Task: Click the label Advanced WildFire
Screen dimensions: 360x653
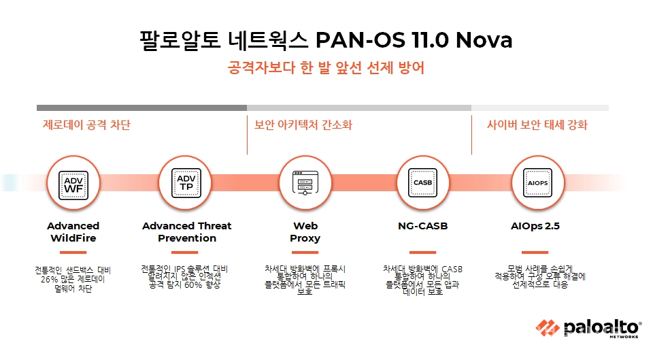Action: point(73,232)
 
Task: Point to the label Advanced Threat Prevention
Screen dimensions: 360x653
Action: point(186,232)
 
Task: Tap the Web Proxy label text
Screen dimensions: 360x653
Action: point(305,232)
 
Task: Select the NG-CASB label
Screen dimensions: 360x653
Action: point(422,226)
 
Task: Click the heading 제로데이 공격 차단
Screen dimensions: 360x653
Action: point(86,125)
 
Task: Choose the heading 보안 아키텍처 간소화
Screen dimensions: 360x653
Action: point(303,125)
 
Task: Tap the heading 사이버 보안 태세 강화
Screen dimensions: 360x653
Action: point(537,125)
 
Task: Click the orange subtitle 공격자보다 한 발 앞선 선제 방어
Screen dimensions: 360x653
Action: point(326,69)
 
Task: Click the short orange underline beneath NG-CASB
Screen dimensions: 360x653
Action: point(422,252)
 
